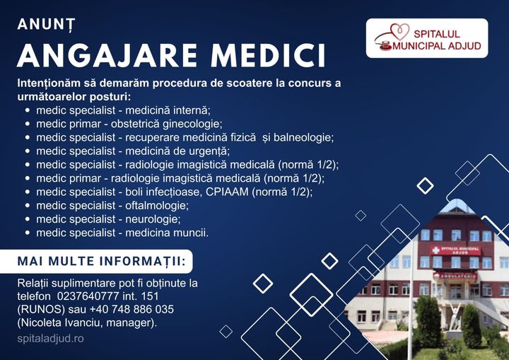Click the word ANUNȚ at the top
point(47,24)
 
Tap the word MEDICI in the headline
point(268,55)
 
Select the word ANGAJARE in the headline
point(107,55)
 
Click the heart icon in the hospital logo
point(399,32)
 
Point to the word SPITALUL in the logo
point(437,34)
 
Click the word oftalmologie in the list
point(157,206)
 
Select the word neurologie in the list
point(153,219)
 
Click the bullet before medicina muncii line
point(28,233)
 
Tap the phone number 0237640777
point(88,296)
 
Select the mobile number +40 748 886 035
point(131,309)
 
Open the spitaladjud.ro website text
point(51,339)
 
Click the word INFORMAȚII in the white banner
point(143,261)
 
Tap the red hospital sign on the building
point(455,250)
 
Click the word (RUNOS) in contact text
point(41,309)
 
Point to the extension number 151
point(151,296)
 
